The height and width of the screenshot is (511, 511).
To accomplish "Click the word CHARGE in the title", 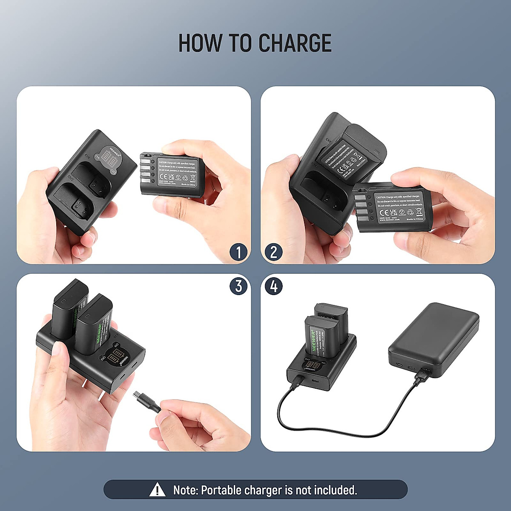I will [295, 43].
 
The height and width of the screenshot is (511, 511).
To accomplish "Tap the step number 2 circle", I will [273, 252].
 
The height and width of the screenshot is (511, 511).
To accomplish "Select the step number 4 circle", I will [273, 286].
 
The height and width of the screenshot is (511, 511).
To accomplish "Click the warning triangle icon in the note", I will [158, 490].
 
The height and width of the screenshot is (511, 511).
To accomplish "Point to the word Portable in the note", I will [221, 490].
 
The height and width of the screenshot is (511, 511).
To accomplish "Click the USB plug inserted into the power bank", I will [421, 376].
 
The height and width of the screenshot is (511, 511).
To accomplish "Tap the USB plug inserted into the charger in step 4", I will [297, 380].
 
